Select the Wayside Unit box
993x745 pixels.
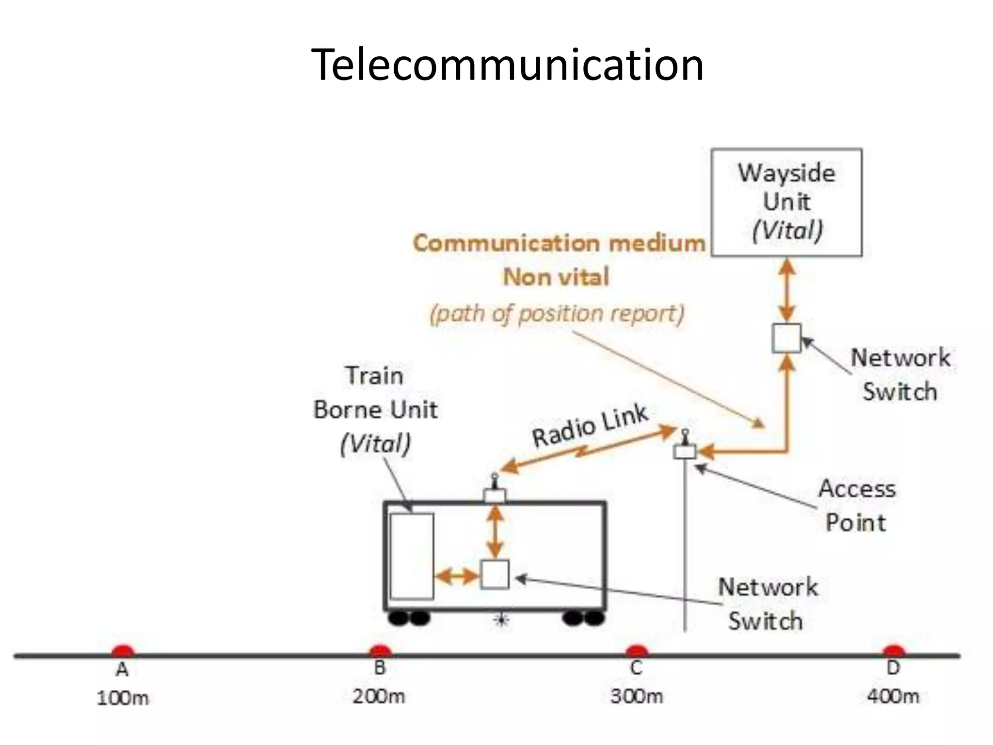point(786,202)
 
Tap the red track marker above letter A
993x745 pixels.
point(123,650)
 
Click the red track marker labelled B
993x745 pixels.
point(380,650)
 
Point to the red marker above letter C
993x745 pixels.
point(637,650)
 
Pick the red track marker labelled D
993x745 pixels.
point(893,650)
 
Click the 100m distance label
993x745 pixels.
point(123,698)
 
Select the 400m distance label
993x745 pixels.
point(893,696)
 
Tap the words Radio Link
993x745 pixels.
point(590,425)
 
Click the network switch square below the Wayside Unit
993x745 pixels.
point(786,338)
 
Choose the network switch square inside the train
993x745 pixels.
point(495,575)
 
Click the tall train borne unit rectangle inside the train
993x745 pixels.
point(412,556)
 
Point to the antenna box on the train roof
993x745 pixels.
point(495,495)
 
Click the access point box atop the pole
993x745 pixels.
point(685,452)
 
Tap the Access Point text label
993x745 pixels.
point(857,505)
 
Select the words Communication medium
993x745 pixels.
point(559,243)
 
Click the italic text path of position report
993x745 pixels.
point(557,314)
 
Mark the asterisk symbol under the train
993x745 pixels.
point(501,620)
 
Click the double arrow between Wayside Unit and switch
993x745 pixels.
point(786,290)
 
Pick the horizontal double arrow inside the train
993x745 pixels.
point(457,576)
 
